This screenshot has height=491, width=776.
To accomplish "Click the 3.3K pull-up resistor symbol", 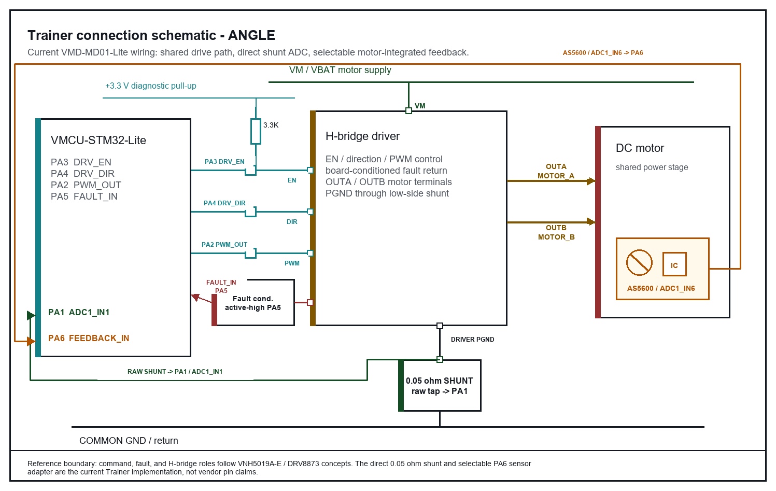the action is pyautogui.click(x=256, y=131).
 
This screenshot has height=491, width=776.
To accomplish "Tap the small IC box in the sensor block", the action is pyautogui.click(x=674, y=264).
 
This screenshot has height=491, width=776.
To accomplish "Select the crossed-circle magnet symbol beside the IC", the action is pyautogui.click(x=639, y=263).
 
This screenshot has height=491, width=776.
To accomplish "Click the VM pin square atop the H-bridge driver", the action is pyautogui.click(x=408, y=110).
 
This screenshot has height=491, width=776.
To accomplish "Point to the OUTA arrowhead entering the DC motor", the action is pyautogui.click(x=591, y=181).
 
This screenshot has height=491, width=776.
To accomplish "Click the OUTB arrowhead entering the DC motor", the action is pyautogui.click(x=591, y=221).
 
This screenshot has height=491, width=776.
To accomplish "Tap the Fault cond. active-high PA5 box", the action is pyautogui.click(x=253, y=302).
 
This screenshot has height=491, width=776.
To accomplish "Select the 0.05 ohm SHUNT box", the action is pyautogui.click(x=440, y=386).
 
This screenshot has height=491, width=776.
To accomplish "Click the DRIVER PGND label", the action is pyautogui.click(x=472, y=340).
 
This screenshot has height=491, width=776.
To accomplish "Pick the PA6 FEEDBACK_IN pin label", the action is pyautogui.click(x=88, y=338).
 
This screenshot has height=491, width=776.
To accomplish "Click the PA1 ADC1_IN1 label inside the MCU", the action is pyautogui.click(x=79, y=312).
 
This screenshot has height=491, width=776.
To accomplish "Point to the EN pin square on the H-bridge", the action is pyautogui.click(x=310, y=170).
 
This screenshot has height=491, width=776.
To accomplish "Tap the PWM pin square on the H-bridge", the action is pyautogui.click(x=310, y=254).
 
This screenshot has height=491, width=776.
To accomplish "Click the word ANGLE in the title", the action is pyautogui.click(x=251, y=35).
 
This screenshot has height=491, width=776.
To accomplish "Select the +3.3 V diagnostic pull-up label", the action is pyautogui.click(x=151, y=86).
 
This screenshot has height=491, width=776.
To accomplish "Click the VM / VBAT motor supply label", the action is pyautogui.click(x=340, y=70).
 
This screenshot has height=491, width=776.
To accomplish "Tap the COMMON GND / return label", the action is pyautogui.click(x=129, y=440).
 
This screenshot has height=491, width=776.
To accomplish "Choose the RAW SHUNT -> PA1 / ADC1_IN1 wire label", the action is pyautogui.click(x=175, y=371).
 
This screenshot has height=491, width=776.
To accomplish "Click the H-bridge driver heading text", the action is pyautogui.click(x=362, y=136).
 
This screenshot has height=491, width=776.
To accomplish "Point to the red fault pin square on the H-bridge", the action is pyautogui.click(x=310, y=302).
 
